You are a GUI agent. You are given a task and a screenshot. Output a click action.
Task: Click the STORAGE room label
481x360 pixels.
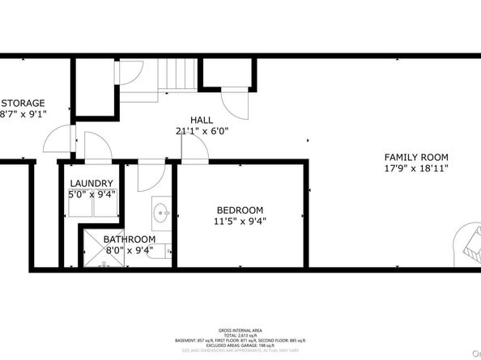pos(23,103)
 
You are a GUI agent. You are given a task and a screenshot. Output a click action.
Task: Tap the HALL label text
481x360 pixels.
pos(202,118)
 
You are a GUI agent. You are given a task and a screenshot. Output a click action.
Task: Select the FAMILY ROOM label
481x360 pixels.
pos(415,157)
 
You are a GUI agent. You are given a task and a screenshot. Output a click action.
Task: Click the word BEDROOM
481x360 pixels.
pos(240,209)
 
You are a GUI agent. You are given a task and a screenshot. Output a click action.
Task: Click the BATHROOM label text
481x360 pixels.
pos(129,239)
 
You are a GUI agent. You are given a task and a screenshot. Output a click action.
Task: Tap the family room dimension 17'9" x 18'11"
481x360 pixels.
pos(415,168)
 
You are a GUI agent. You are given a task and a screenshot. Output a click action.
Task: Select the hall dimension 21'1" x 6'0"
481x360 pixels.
pos(202,129)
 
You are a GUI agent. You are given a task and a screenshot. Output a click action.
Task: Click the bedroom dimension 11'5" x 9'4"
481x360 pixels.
pos(240,220)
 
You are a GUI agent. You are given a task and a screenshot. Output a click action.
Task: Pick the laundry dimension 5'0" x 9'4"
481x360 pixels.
pos(91,194)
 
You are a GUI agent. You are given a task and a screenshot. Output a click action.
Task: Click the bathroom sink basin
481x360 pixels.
pos(160,215)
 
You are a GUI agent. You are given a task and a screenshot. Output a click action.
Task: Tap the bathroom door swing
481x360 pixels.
pos(151,174)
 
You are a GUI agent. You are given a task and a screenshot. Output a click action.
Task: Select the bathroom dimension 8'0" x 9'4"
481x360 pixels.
pos(129,251)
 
